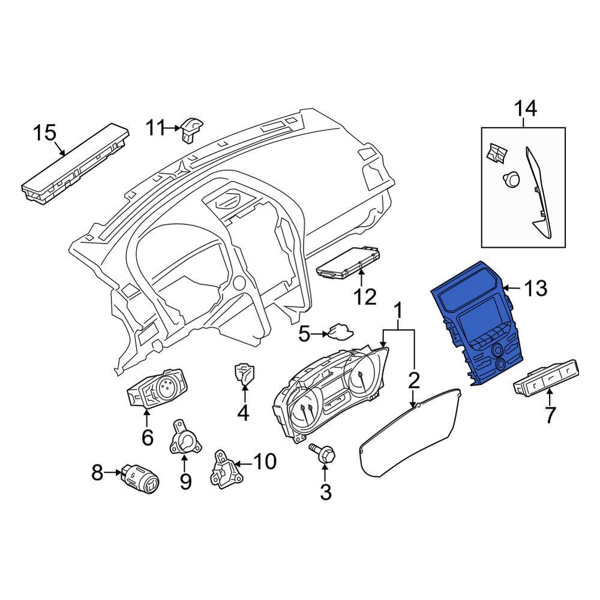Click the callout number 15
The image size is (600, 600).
44,133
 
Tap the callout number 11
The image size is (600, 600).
155,127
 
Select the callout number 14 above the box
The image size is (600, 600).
523,109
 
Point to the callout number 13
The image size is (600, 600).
535,289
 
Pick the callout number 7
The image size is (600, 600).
550,413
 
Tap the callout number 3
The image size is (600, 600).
325,492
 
